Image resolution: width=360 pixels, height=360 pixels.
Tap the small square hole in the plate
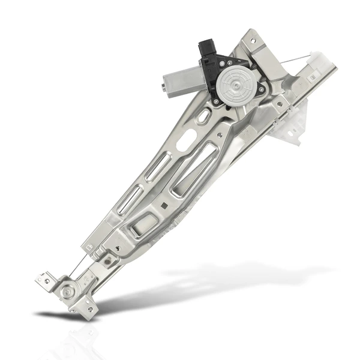[164, 205]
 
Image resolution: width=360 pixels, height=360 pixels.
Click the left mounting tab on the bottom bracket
[43, 279]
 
